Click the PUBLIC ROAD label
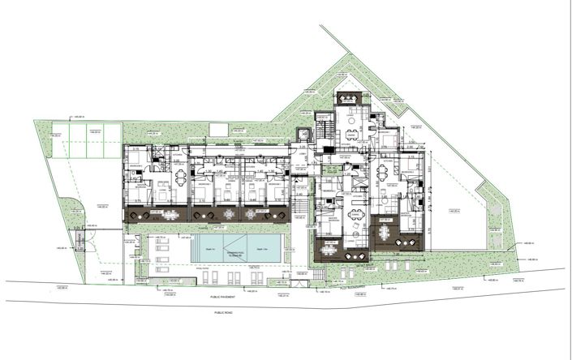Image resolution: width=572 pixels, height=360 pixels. [x=224, y=311]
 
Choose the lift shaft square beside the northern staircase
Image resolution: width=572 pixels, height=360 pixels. [x=304, y=134]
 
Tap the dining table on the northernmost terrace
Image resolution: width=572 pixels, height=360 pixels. [x=350, y=99]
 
